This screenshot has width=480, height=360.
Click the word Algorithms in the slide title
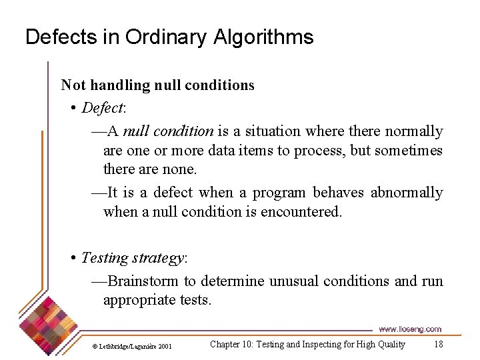pos(263,37)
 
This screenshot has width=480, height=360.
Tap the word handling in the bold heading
pos(121,85)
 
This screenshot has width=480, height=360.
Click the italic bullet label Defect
pos(102,108)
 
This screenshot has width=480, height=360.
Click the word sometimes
pos(408,151)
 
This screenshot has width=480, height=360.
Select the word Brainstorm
pos(143,281)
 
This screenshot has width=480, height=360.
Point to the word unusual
pos(293,281)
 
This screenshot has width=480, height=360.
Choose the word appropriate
pos(139,300)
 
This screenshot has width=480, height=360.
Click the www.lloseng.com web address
pos(410,329)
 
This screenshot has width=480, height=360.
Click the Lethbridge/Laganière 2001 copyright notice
pos(131,346)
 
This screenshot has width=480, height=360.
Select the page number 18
pos(438,344)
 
